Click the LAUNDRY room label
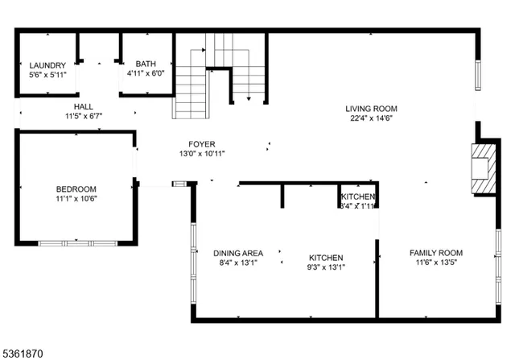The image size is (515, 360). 46,65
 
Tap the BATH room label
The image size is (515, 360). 146,64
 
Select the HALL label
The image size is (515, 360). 84,106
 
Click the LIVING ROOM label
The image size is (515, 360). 371,109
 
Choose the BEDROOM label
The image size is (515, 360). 76,188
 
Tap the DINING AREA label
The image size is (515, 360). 238,253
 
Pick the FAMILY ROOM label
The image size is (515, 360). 435,253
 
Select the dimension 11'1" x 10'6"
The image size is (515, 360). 76,198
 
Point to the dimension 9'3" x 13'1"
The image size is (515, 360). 326,267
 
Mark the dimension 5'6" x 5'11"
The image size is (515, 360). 47,75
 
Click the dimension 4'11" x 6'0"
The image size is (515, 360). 146,73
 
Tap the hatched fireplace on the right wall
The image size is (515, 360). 484,168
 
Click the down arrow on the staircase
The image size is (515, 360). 249,98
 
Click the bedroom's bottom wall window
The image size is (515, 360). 78,242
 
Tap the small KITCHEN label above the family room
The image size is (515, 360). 357,197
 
